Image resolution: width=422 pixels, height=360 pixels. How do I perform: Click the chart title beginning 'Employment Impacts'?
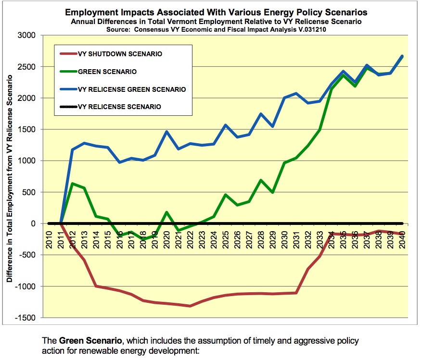[x=211, y=12]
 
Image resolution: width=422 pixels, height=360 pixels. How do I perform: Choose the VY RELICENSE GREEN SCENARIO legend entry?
[x=131, y=89]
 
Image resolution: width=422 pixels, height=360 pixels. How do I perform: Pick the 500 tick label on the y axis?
[x=30, y=192]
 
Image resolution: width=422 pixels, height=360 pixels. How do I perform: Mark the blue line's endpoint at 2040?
[x=402, y=56]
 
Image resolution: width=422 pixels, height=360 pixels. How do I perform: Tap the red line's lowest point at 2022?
[x=191, y=306]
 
